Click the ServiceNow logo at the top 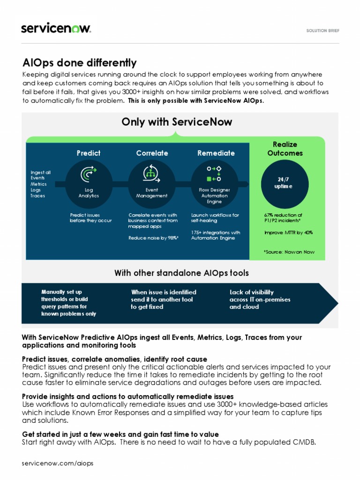[x=56, y=28]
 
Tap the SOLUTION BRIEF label [x=322, y=30]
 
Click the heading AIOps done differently [x=80, y=63]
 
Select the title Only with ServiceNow [x=177, y=122]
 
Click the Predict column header [x=89, y=153]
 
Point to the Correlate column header [x=152, y=153]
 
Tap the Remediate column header [x=216, y=153]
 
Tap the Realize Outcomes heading [x=285, y=149]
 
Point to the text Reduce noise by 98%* [x=153, y=238]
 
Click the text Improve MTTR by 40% [x=288, y=232]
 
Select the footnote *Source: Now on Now [x=289, y=252]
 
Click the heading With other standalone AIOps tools [x=181, y=273]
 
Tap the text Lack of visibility [x=252, y=292]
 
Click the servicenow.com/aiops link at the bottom [x=58, y=463]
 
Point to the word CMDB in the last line [x=306, y=442]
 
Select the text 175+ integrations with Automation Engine [x=215, y=235]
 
